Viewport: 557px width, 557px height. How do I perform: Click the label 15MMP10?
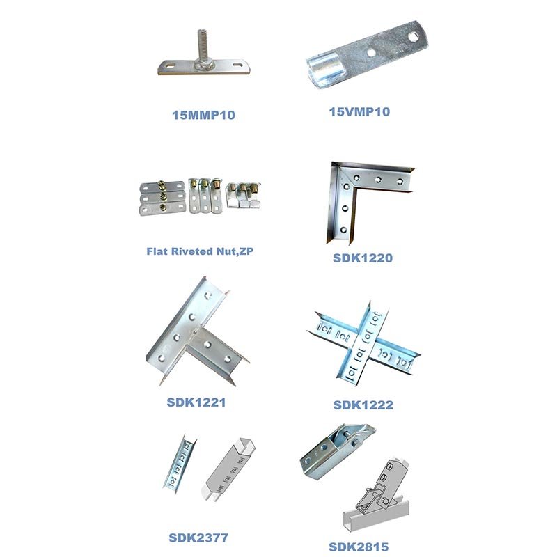tap(203, 115)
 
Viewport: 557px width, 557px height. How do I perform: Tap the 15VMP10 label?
tap(359, 112)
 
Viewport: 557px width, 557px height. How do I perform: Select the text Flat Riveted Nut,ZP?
tap(200, 251)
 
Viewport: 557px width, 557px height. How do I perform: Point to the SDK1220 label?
tap(363, 258)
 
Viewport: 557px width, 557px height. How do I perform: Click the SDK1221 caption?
tap(196, 402)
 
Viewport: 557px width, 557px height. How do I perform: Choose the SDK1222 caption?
tap(363, 405)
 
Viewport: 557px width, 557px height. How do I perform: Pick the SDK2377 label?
tap(198, 538)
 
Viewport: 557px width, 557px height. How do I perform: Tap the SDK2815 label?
tap(359, 547)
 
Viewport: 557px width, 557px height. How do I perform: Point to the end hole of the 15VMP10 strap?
tap(413, 37)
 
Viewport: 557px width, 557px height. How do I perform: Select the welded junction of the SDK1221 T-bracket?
tap(194, 335)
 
